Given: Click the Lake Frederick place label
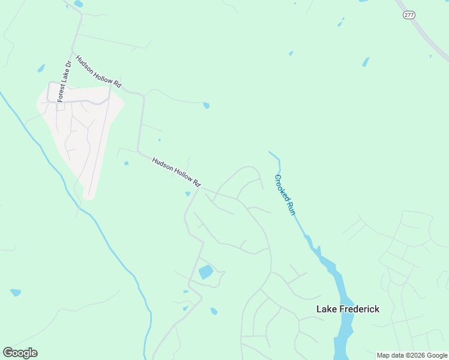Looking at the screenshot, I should [348, 309].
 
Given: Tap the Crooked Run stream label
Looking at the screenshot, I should [285, 195].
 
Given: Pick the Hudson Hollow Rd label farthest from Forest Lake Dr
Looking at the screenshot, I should [176, 172].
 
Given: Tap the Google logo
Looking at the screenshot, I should [20, 353].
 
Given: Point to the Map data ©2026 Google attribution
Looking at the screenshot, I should [412, 355].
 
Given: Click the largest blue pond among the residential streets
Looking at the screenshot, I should [205, 272].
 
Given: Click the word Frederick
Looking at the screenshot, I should [358, 309].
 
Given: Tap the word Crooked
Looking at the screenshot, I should [281, 187].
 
